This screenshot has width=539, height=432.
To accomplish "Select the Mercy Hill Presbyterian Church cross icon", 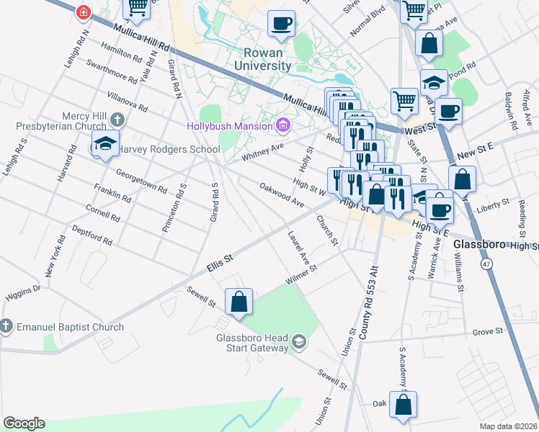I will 117,121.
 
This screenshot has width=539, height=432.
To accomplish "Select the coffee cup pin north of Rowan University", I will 281,22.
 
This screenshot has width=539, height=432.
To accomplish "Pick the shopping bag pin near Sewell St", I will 239,302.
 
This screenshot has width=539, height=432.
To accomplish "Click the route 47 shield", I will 487,264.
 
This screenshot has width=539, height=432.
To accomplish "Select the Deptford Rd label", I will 92,235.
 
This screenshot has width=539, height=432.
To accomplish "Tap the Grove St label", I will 487,331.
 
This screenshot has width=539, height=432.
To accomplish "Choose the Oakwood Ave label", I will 281,194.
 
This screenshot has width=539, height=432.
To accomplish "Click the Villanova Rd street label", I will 126,102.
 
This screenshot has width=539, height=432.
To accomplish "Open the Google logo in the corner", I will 24,423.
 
